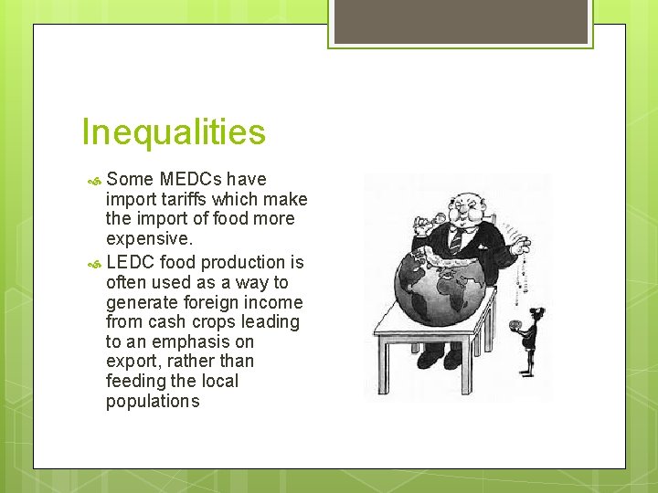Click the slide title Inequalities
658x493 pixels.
click(174, 132)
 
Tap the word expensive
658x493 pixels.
click(149, 238)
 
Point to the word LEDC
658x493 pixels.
click(130, 263)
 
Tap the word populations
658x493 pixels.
click(153, 401)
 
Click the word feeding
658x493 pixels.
click(135, 381)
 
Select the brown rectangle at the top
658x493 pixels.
click(460, 21)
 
